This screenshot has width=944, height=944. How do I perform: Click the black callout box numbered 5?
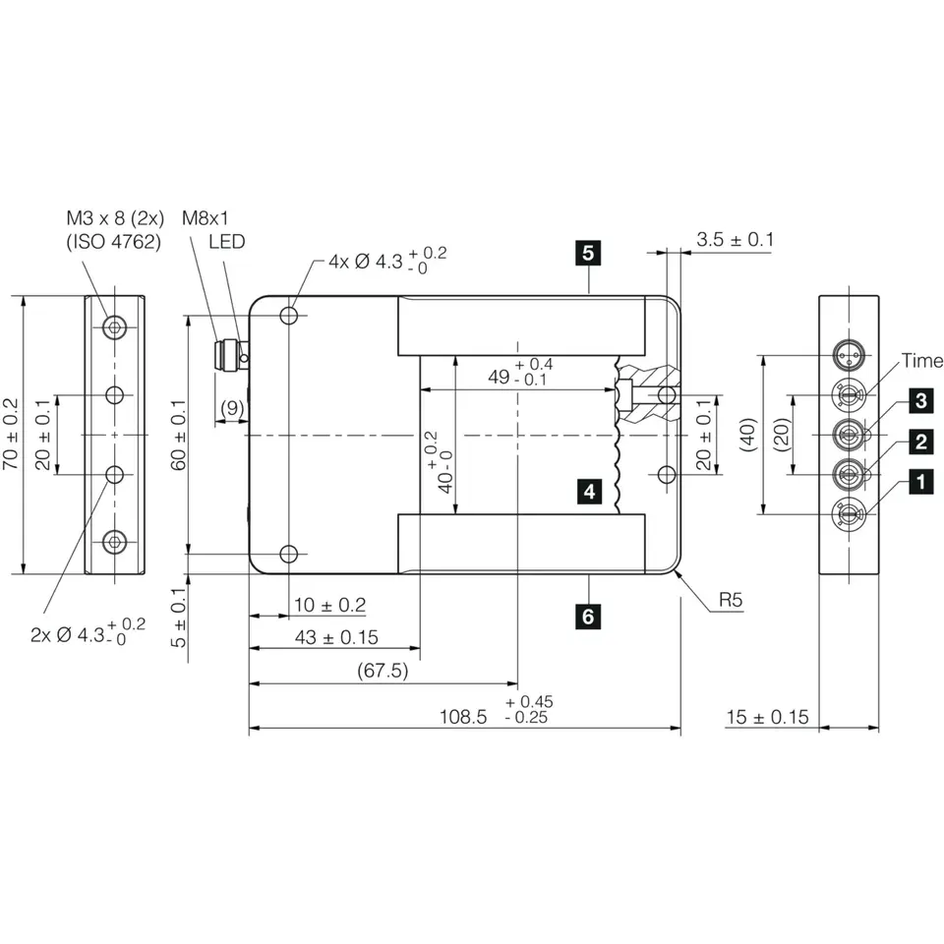coord(588,253)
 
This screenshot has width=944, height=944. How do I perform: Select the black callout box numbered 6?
coord(588,617)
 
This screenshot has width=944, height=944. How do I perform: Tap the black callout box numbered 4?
coord(589,492)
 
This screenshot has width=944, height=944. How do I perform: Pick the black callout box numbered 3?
coord(921,401)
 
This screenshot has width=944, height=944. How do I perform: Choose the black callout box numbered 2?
coord(921,442)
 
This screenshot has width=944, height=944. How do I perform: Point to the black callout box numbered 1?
coord(921,482)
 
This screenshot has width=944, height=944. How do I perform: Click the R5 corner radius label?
coord(731,600)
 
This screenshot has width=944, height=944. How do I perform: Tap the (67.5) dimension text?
coord(383,670)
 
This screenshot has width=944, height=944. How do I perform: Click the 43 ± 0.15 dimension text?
coord(336,637)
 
